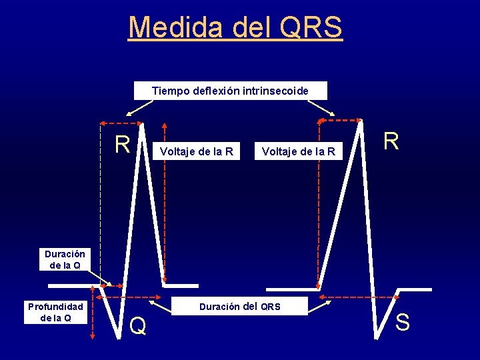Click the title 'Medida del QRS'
pyautogui.click(x=235, y=27)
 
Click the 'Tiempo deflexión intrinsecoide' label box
pyautogui.click(x=230, y=90)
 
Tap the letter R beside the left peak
pyautogui.click(x=122, y=144)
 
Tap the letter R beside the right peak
pyautogui.click(x=391, y=141)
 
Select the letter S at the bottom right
pyautogui.click(x=403, y=323)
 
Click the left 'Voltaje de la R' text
pyautogui.click(x=197, y=151)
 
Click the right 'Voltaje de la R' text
pyautogui.click(x=299, y=153)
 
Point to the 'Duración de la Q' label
pyautogui.click(x=65, y=259)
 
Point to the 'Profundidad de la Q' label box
pyautogui.click(x=55, y=312)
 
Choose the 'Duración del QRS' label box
pyautogui.click(x=240, y=307)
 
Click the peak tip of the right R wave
pyautogui.click(x=361, y=121)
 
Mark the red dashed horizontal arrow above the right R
pyautogui.click(x=339, y=120)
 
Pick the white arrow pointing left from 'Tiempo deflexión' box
pyautogui.click(x=143, y=108)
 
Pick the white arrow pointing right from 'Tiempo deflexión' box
pyautogui.click(x=319, y=108)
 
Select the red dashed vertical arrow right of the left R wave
pyautogui.click(x=164, y=200)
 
